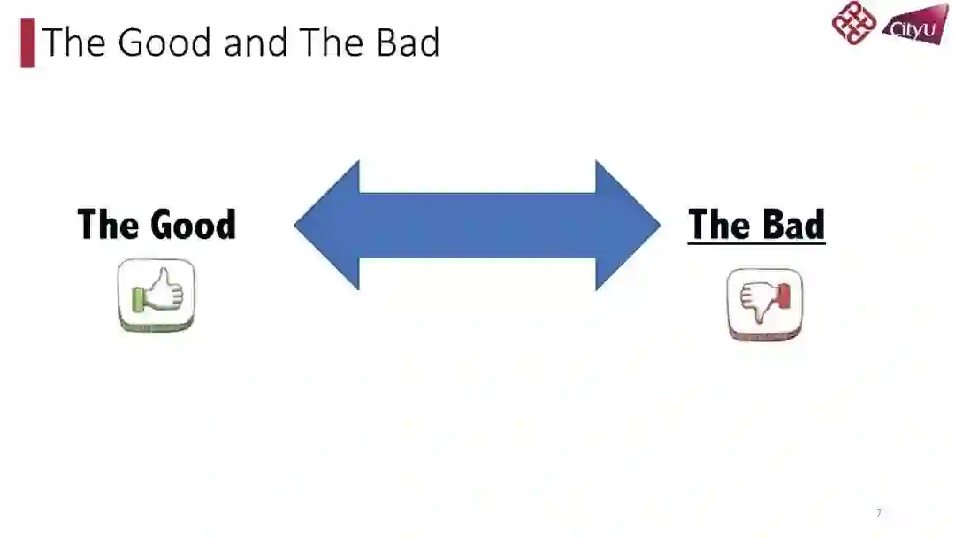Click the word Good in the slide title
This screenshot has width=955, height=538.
tap(165, 42)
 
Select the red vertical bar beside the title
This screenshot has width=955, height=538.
tap(27, 43)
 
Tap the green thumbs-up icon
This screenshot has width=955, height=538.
tap(157, 296)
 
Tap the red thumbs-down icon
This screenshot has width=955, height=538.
tap(765, 304)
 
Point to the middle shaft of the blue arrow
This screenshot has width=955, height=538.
tap(477, 225)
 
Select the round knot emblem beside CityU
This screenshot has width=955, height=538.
tap(853, 24)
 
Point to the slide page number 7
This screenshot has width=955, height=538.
tap(878, 513)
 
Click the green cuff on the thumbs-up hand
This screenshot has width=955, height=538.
tap(137, 299)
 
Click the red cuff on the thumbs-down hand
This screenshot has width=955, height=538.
tap(783, 297)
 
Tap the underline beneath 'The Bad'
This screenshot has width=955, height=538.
tap(756, 242)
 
